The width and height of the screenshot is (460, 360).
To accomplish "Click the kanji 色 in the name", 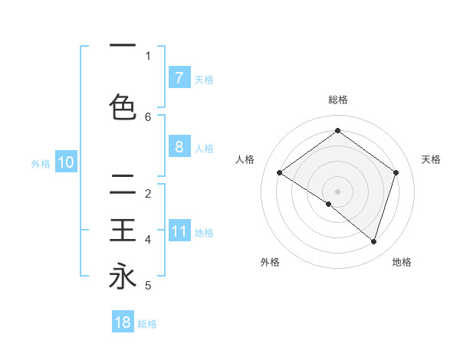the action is [123, 107].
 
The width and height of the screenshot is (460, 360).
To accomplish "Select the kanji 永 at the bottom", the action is [123, 276].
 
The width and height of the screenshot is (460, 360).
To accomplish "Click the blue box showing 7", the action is [179, 77].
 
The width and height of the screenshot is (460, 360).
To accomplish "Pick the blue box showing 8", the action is [179, 146].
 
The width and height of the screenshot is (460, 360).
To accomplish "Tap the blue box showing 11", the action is [179, 231].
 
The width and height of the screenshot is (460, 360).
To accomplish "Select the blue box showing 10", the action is [66, 162].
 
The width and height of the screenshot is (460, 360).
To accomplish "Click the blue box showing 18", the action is [123, 322].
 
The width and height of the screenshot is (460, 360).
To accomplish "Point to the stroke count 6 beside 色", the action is [148, 116].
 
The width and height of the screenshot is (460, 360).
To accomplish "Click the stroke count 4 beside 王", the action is [148, 240].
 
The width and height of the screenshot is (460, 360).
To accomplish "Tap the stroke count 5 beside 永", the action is [148, 286].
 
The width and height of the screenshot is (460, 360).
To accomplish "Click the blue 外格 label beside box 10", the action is [41, 163].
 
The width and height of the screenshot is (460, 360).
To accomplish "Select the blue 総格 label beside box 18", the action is [147, 324].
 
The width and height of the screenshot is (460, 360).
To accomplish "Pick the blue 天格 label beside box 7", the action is [204, 79].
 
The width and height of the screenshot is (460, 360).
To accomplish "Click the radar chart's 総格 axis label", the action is [337, 100].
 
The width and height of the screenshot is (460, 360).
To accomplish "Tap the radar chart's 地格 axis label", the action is [402, 262].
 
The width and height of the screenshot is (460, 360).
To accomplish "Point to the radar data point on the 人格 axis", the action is [279, 173].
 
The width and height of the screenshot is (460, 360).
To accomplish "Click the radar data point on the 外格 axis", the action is [329, 204].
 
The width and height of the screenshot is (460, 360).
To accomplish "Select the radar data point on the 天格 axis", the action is [396, 172].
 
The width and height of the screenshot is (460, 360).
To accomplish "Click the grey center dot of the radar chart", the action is [337, 191].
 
